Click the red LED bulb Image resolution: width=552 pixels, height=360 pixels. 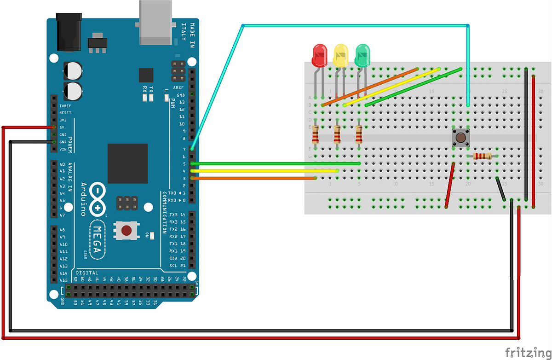(x=319, y=55)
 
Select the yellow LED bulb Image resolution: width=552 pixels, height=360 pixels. (x=341, y=55)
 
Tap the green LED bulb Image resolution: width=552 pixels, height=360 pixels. (x=362, y=55)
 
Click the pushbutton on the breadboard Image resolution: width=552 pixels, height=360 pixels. (x=460, y=137)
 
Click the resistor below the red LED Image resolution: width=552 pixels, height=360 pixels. (x=316, y=136)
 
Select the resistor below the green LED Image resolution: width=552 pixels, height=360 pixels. (x=359, y=136)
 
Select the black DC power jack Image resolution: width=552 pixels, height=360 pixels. (x=69, y=31)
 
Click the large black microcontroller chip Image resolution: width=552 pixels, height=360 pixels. (x=127, y=163)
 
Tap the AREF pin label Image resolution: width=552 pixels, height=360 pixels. (x=178, y=87)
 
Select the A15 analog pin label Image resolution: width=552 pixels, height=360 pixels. (x=63, y=280)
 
